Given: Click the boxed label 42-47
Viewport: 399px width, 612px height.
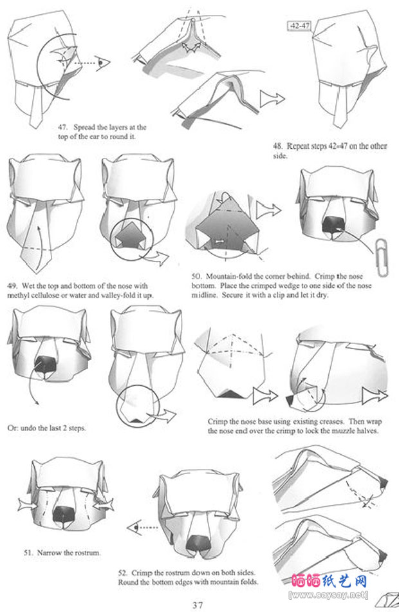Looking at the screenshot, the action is (x=299, y=26).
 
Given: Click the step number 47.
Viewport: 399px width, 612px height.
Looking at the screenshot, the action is (x=63, y=128).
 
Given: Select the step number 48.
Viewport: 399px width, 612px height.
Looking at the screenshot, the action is (x=278, y=146).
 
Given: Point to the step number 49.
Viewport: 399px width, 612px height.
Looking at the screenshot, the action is (x=12, y=285).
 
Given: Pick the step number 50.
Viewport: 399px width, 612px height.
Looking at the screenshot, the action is (x=196, y=276).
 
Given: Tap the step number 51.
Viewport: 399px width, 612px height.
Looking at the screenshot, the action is (x=28, y=553).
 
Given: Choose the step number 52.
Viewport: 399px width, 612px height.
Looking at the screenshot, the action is (x=124, y=573).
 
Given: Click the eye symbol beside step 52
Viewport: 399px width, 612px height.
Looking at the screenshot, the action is (x=133, y=528).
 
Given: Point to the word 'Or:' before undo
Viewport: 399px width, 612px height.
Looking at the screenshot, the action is (x=13, y=428).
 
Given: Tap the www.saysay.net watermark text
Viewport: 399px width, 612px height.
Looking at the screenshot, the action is (x=328, y=595).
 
